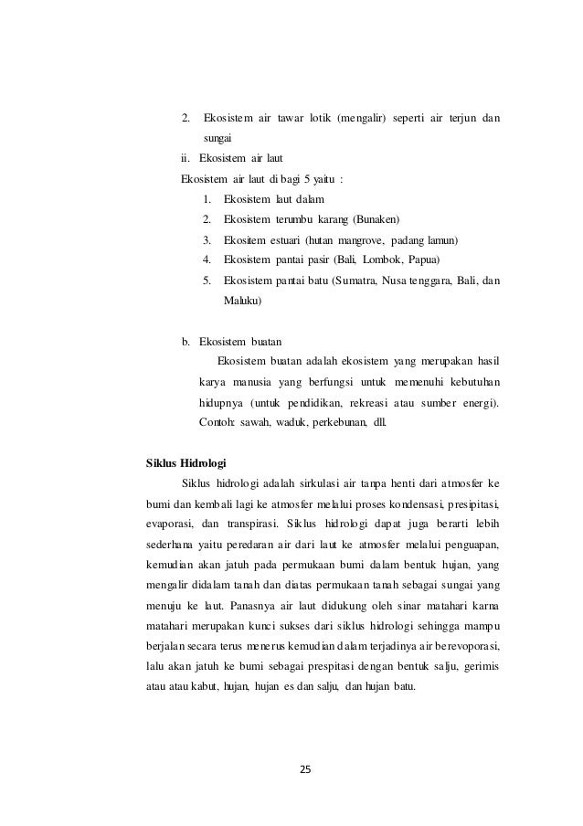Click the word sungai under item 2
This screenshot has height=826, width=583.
point(217,139)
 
